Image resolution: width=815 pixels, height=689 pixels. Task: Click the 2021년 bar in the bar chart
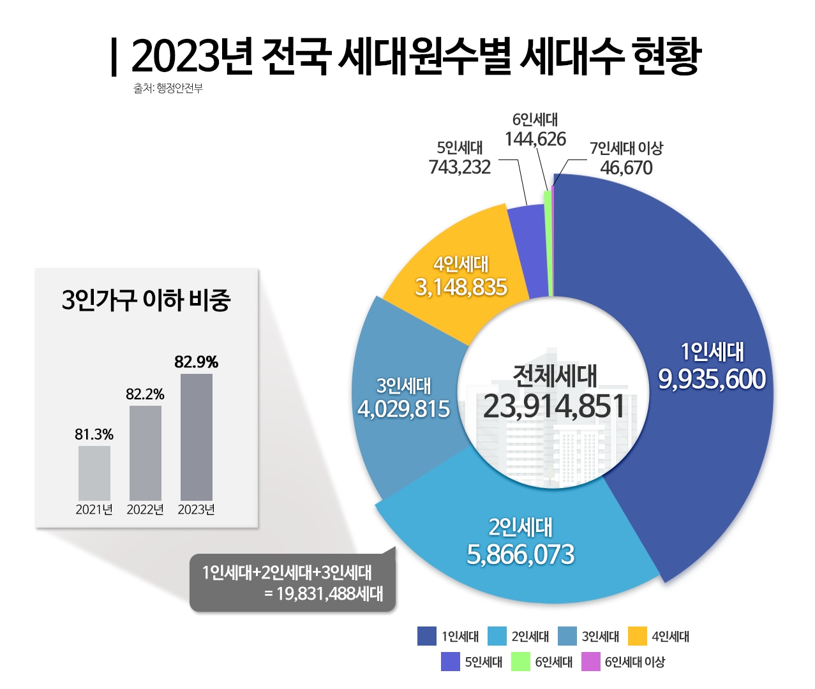94,473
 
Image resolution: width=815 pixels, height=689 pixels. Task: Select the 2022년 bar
146,453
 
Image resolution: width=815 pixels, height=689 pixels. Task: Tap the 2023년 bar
197,437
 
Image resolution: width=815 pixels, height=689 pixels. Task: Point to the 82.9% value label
197,362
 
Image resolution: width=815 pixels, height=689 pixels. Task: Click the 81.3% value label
94,435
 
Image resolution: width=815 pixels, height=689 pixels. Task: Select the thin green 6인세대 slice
548,242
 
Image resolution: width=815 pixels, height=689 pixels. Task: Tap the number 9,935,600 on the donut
712,380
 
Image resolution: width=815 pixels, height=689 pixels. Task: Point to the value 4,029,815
404,409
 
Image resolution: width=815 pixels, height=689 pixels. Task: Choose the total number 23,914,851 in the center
554,406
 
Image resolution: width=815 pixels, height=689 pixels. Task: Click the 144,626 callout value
535,139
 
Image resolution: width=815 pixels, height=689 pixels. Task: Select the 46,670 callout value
626,168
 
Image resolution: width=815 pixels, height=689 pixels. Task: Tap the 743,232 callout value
460,167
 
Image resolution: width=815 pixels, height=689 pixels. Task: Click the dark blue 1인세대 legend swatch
427,636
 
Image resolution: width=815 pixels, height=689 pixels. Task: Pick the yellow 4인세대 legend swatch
638,636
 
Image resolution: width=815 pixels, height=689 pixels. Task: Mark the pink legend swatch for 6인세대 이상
591,662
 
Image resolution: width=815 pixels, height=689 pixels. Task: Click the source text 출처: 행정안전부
168,89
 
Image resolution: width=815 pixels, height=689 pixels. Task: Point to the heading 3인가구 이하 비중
146,300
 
